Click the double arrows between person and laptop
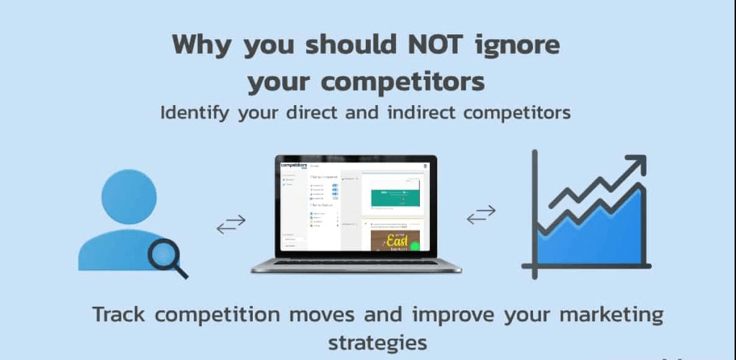231,224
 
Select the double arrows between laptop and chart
481,215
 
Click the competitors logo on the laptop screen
293,166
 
